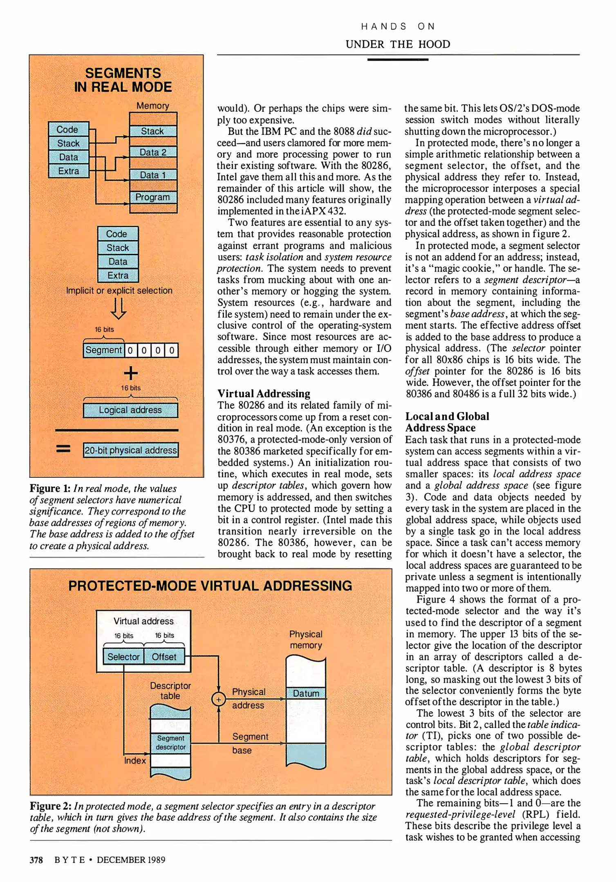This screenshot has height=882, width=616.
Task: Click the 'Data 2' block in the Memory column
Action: point(153,152)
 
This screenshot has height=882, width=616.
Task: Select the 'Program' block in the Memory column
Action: point(153,197)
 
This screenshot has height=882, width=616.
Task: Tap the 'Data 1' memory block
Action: point(153,175)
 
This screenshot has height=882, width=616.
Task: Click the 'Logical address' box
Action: point(130,410)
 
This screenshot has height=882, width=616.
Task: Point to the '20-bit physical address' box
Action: point(131,450)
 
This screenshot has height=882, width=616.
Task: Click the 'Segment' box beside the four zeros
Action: point(104,350)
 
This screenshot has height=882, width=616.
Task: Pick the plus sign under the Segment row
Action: point(130,373)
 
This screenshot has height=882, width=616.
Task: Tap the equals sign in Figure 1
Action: point(63,449)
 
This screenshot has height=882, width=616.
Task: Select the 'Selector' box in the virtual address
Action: point(123,657)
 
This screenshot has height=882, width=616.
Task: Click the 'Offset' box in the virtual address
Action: point(164,657)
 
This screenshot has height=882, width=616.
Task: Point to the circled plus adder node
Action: point(219,699)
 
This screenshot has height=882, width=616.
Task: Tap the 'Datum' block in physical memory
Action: point(306,693)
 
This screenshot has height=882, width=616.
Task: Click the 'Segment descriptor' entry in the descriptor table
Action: point(171,743)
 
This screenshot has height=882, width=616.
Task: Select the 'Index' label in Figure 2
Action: point(135,761)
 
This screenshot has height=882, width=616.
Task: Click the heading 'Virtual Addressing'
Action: point(264,394)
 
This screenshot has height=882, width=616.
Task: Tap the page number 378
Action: point(36,860)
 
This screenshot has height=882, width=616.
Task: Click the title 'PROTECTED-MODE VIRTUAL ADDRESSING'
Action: point(210,586)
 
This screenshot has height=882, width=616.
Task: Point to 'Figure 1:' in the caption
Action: point(50,488)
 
